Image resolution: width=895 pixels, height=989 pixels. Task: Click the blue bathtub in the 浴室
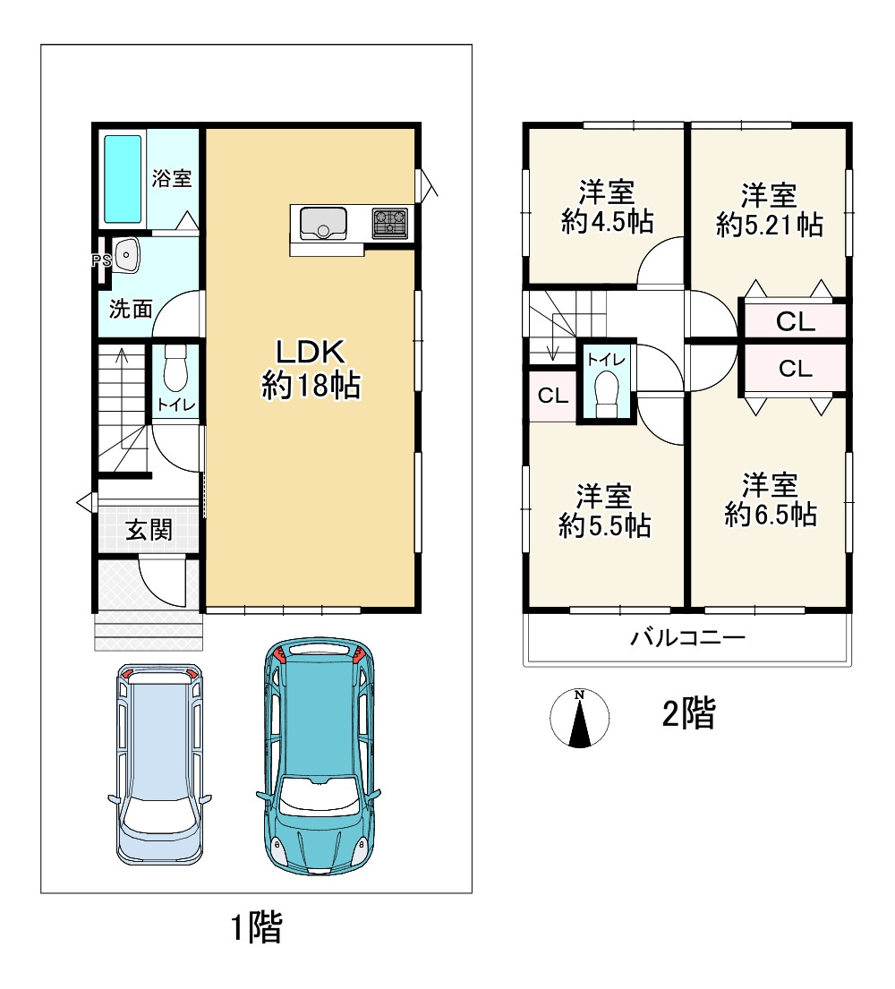(123, 179)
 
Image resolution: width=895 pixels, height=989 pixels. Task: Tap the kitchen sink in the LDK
(324, 224)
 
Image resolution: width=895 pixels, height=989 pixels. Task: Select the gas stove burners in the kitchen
(390, 223)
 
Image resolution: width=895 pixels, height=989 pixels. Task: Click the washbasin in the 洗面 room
(127, 255)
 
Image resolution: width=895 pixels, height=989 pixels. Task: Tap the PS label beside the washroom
(101, 260)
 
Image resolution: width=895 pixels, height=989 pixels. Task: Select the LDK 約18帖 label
(311, 369)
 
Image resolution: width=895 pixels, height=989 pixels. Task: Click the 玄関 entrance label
(149, 530)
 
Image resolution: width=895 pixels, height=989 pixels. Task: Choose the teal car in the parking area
(319, 755)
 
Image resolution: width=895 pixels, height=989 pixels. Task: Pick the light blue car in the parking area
(160, 763)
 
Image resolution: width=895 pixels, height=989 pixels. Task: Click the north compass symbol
(580, 718)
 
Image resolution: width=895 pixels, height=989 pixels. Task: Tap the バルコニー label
(688, 637)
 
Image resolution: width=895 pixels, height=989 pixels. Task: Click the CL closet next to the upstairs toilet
(553, 396)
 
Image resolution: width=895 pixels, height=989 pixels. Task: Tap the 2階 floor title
(689, 714)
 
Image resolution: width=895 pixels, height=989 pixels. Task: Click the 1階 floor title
(257, 927)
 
